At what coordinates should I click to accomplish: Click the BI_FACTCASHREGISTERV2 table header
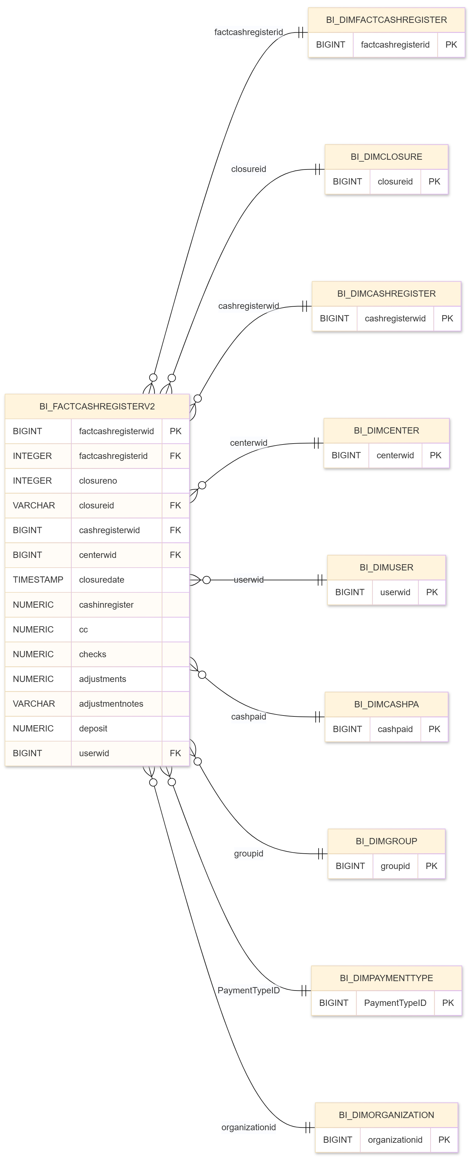click(x=97, y=406)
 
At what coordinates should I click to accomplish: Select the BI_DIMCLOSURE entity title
click(x=386, y=157)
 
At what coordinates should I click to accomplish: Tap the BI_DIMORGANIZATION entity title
click(x=386, y=1115)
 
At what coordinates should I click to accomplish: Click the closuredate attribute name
click(x=101, y=580)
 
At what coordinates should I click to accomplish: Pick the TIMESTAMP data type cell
click(x=38, y=580)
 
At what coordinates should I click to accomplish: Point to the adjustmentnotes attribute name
click(x=111, y=703)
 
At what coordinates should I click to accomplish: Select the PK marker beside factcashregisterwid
click(x=175, y=431)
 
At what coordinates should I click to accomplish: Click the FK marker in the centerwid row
click(x=175, y=555)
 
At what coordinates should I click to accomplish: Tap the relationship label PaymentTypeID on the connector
click(x=248, y=990)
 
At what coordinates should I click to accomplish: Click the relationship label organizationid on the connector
click(x=248, y=1127)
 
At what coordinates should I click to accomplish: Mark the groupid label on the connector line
click(x=248, y=853)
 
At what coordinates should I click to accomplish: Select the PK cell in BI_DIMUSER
click(x=432, y=592)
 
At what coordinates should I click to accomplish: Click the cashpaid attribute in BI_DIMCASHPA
click(x=395, y=729)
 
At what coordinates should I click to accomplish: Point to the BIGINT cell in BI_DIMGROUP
click(x=350, y=866)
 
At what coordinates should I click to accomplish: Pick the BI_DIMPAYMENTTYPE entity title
click(x=386, y=978)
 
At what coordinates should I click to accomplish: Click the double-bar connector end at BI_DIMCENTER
click(x=317, y=443)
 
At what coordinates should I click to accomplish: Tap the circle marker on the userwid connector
click(x=206, y=580)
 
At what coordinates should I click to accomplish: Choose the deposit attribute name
click(x=93, y=728)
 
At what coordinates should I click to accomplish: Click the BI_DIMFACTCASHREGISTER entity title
click(x=386, y=20)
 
